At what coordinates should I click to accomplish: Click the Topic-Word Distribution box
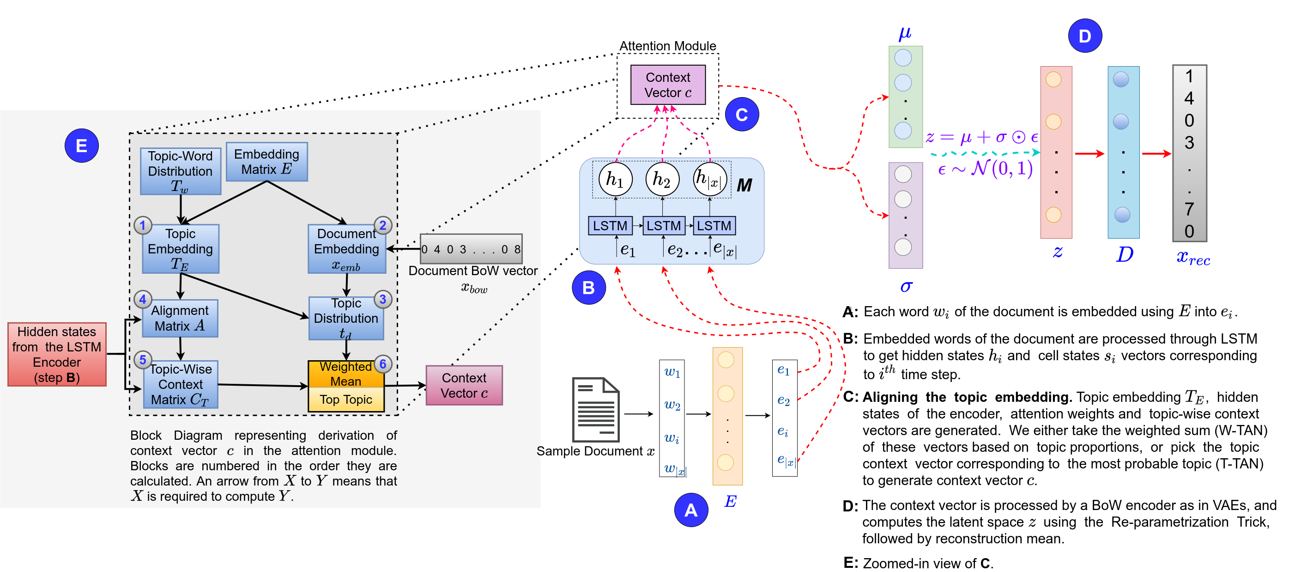pyautogui.click(x=180, y=171)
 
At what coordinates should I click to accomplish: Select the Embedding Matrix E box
pyautogui.click(x=266, y=162)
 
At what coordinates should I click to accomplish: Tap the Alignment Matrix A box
pyautogui.click(x=180, y=318)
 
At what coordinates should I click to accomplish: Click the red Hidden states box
pyautogui.click(x=57, y=354)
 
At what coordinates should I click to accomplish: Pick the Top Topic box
pyautogui.click(x=346, y=400)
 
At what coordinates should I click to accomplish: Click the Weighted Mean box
pyautogui.click(x=346, y=374)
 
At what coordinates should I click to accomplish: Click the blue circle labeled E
pyautogui.click(x=82, y=146)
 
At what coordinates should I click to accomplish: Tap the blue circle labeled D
pyautogui.click(x=1084, y=36)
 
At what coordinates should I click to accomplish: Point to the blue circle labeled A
pyautogui.click(x=690, y=510)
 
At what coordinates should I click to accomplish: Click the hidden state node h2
pyautogui.click(x=662, y=179)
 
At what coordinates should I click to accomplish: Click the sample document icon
pyautogui.click(x=595, y=409)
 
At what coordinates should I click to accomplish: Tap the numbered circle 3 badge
pyautogui.click(x=383, y=299)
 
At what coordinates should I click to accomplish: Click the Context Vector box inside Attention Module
pyautogui.click(x=667, y=85)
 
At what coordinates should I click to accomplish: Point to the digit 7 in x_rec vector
pyautogui.click(x=1189, y=209)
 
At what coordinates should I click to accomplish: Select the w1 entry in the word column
pyautogui.click(x=672, y=373)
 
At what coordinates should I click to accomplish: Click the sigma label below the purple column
pyautogui.click(x=906, y=287)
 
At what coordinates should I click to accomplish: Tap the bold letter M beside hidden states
pyautogui.click(x=744, y=185)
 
